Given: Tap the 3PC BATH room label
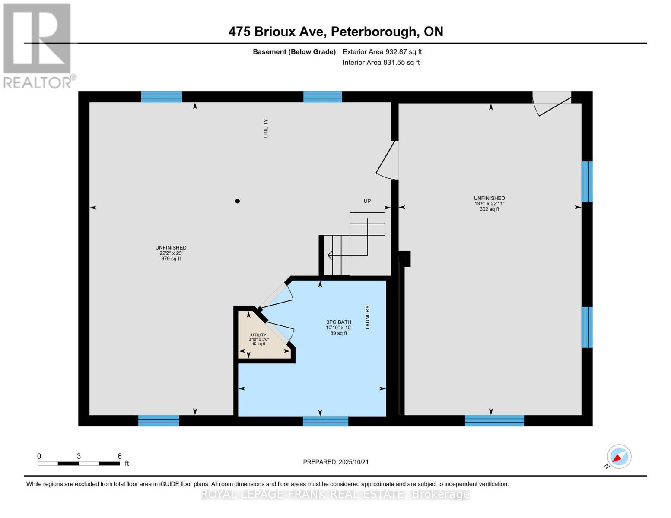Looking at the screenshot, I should [338, 322].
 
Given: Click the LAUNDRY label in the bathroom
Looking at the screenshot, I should [368, 318].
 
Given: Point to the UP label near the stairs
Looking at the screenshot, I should [367, 201].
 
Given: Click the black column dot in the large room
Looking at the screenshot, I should [237, 201].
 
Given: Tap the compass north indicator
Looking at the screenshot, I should [619, 457].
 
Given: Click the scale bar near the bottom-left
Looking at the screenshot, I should [79, 464].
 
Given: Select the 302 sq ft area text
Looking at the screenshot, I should [489, 209].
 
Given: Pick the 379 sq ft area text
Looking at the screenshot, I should [171, 259].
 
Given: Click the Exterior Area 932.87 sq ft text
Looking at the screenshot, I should [382, 52].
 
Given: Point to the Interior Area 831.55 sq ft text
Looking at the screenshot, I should [381, 63].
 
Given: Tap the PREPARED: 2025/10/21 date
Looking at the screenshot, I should [335, 462].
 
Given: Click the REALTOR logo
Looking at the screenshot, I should [38, 45].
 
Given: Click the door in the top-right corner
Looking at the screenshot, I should [552, 104].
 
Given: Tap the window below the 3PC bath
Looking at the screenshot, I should [325, 421].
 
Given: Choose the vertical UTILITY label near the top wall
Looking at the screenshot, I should [266, 129].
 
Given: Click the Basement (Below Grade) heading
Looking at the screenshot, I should [294, 52].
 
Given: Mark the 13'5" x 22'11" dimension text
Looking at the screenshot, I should [489, 204].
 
